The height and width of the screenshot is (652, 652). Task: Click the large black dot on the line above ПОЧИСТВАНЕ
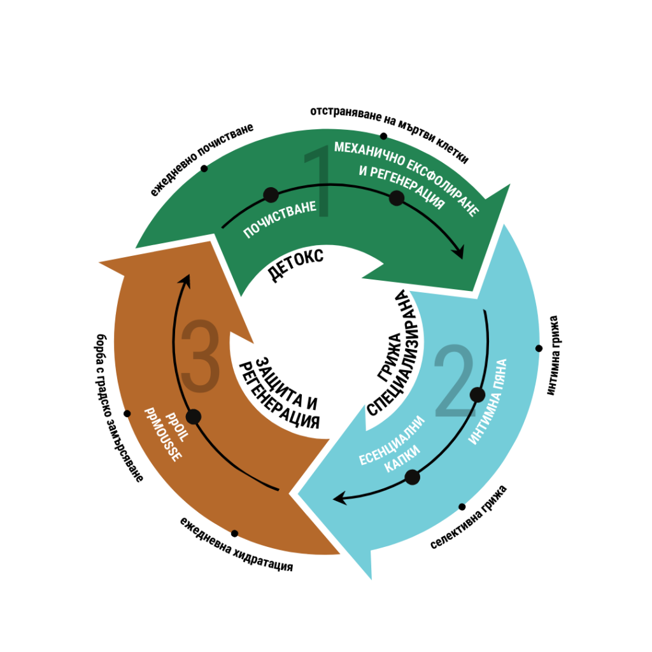pyautogui.click(x=271, y=195)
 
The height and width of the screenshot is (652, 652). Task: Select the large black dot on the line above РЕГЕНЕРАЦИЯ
pyautogui.click(x=397, y=198)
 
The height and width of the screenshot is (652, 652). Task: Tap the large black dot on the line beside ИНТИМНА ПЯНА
pyautogui.click(x=478, y=395)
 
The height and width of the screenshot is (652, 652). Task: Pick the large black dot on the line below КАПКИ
pyautogui.click(x=413, y=477)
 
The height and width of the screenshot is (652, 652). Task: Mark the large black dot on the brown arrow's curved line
pyautogui.click(x=194, y=416)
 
